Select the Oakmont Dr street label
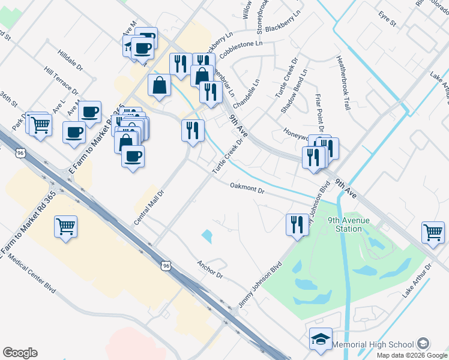coord(247,188)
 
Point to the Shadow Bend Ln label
coord(294,91)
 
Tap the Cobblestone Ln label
coord(241,49)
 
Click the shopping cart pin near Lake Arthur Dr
coord(433,232)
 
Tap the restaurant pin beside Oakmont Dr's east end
coord(297,224)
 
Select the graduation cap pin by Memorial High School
coord(321,339)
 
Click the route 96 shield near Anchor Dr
coord(165,264)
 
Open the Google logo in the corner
coord(20,353)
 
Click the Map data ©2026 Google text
coord(411,355)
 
